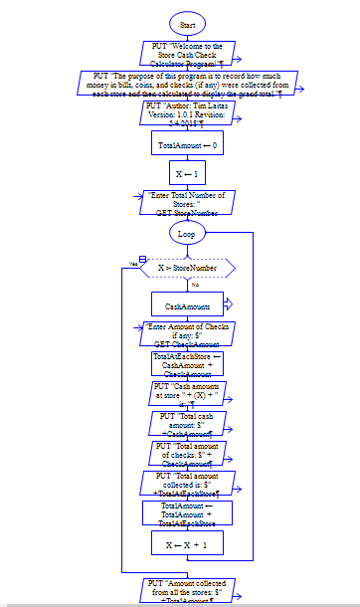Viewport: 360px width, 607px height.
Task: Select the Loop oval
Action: (187, 233)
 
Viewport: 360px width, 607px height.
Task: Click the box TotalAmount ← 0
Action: (187, 145)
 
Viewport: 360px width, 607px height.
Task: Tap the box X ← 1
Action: (187, 172)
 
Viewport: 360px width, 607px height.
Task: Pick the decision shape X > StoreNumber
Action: (187, 268)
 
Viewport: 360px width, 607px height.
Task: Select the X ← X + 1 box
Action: (187, 543)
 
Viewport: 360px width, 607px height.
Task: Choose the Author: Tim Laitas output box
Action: (187, 112)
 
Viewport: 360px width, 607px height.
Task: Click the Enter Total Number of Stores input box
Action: (187, 203)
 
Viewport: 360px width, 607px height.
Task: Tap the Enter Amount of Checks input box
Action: (187, 334)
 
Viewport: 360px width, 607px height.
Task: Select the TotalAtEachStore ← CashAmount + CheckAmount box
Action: (187, 364)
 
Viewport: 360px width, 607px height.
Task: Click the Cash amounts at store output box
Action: (187, 393)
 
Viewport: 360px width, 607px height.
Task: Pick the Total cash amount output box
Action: (187, 423)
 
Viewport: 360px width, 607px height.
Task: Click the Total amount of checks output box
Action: (187, 454)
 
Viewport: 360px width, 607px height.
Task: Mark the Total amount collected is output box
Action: (187, 484)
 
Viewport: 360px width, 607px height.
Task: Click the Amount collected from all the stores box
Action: (187, 591)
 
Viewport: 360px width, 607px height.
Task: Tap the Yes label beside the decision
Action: (132, 264)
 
